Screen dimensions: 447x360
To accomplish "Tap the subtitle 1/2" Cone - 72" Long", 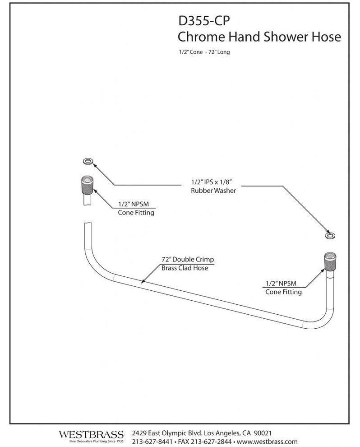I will tap(204, 52).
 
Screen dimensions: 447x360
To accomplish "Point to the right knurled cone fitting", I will tap(330, 261).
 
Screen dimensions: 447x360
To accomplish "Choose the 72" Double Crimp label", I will tap(187, 260).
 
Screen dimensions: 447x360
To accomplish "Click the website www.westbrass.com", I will tap(267, 441).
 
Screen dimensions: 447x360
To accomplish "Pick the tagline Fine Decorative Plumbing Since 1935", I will tap(91, 441).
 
